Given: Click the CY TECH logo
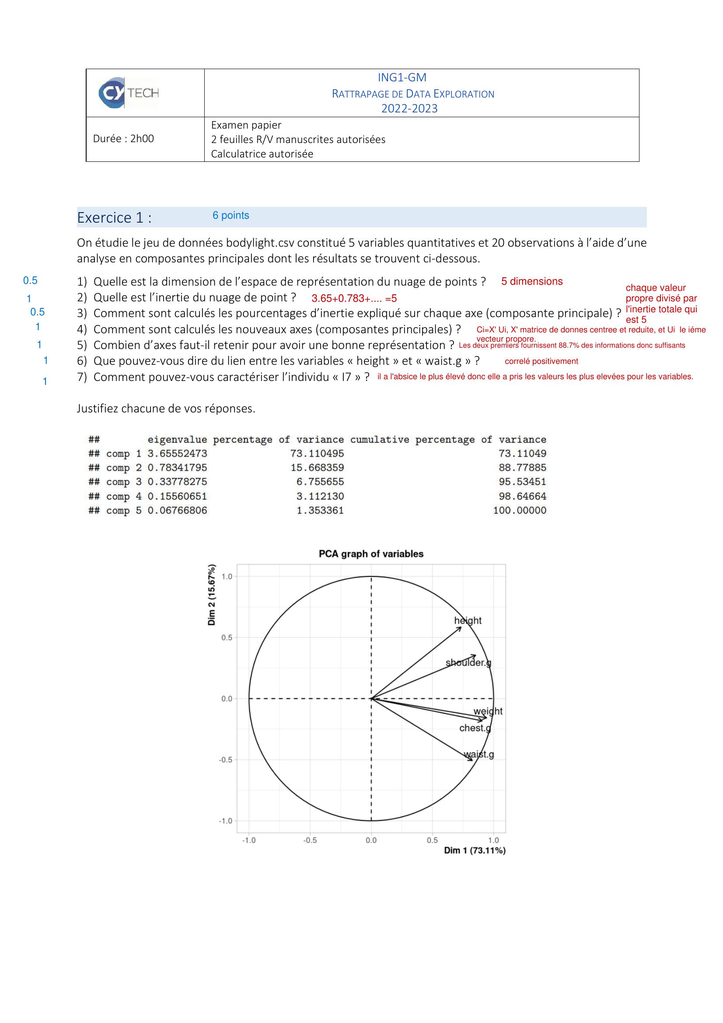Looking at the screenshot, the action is point(128,93).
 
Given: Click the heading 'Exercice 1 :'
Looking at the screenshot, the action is point(114,217).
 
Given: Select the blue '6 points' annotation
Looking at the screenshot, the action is point(231,215).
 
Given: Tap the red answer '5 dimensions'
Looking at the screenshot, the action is point(532,281).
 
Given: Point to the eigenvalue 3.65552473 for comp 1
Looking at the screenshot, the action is point(177,454).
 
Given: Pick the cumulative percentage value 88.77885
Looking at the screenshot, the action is point(522,468).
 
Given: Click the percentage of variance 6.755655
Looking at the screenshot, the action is point(320,482).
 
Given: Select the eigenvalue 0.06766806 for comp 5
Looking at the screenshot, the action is point(177,510).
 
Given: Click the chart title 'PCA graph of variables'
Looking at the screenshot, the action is point(371,554).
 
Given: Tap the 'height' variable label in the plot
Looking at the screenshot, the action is point(468,621).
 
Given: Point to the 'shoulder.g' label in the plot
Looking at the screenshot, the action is point(468,663).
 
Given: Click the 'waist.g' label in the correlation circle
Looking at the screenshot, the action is point(479,755).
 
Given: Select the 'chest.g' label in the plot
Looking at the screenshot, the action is point(475,728).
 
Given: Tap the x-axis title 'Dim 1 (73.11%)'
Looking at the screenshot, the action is point(475,850).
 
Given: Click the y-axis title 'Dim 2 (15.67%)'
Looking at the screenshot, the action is point(212,594).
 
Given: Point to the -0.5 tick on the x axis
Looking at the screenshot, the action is point(310,840).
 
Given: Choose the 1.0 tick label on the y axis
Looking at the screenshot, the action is point(227,576).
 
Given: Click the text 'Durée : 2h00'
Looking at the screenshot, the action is point(123,139).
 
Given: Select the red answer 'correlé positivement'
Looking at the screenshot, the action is point(541,361).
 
